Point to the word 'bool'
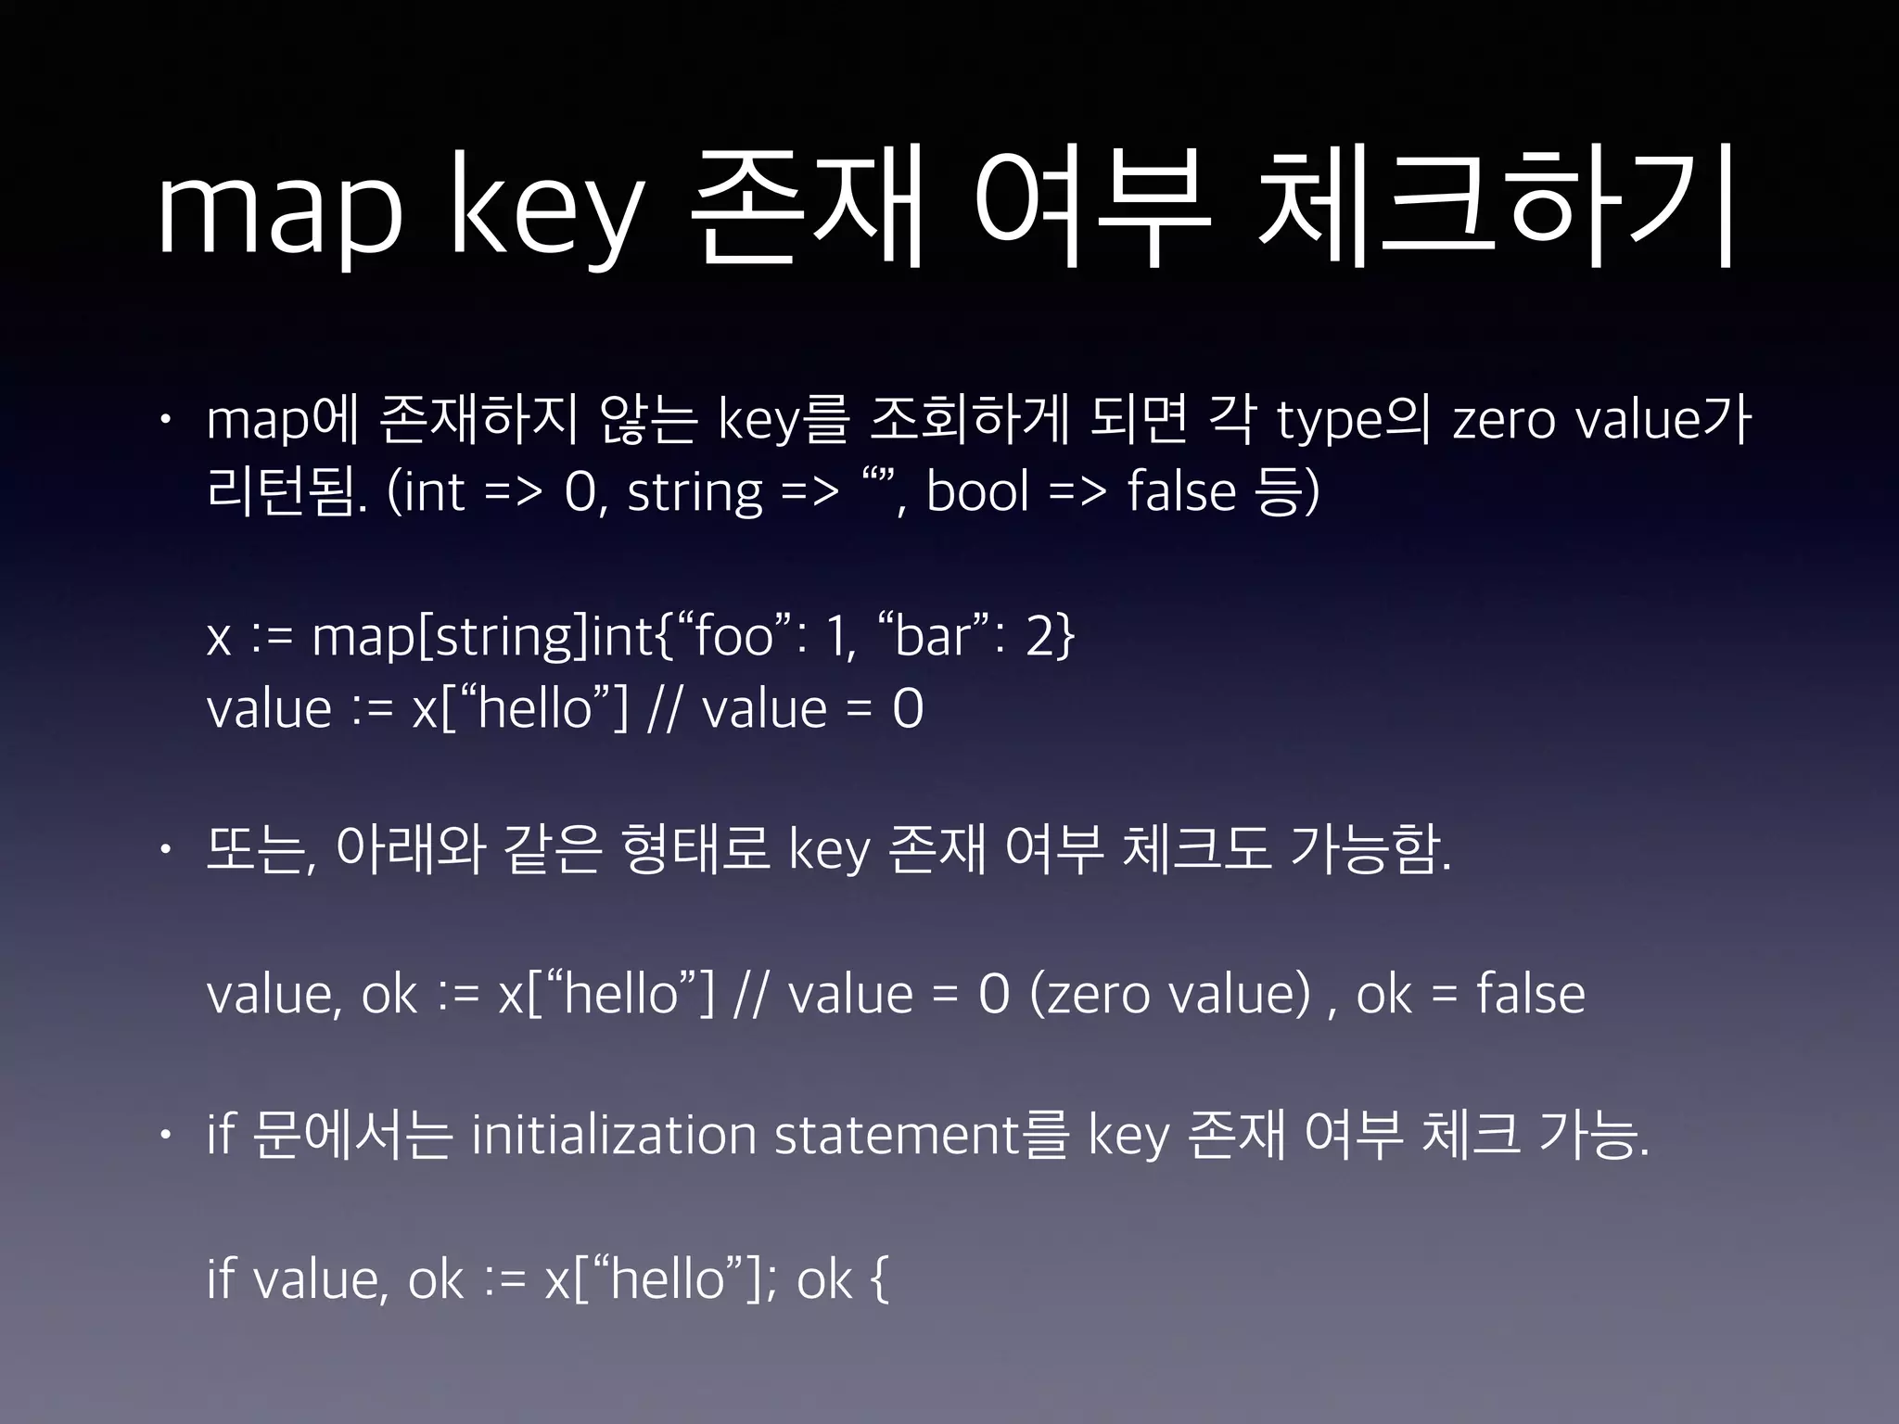(977, 491)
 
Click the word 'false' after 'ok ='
(1530, 994)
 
